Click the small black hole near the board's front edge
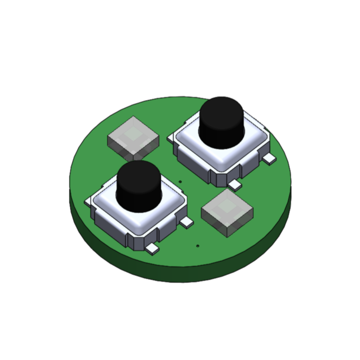198,245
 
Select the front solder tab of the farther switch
234,185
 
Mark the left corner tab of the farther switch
171,137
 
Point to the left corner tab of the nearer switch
88,202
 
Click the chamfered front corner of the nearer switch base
131,241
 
